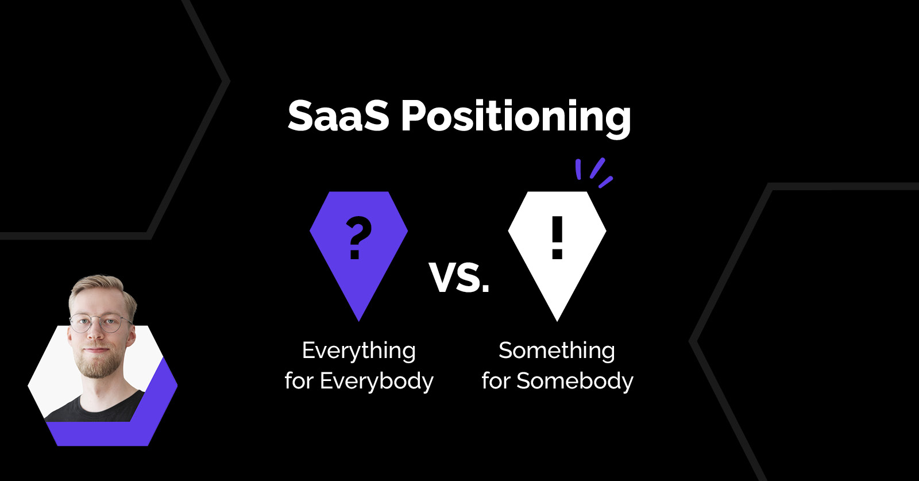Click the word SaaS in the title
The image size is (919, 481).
point(338,116)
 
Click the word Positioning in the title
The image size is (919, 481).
point(516,118)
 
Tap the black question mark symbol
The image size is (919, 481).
point(358,238)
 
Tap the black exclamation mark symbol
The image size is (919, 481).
point(557,238)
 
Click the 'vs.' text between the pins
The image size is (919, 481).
point(459,278)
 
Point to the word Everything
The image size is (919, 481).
point(359,351)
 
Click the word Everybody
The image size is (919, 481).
point(377,381)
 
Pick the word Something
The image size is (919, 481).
point(557,351)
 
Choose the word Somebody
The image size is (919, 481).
point(575,381)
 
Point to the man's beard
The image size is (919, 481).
point(98,364)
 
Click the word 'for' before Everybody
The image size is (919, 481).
point(299,380)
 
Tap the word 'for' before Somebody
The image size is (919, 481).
point(496,380)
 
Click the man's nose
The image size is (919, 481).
point(96,334)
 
